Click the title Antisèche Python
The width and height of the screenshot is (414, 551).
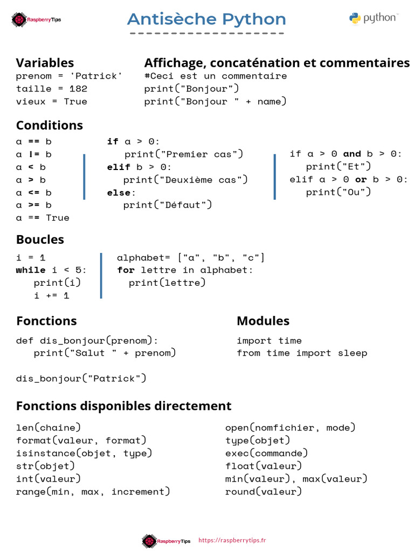(206, 20)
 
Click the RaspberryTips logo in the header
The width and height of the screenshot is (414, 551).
(36, 20)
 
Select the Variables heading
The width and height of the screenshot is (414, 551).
(45, 63)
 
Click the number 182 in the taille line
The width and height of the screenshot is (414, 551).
(78, 89)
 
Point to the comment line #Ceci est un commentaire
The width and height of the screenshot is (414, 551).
(216, 76)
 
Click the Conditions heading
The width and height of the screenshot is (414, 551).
(50, 125)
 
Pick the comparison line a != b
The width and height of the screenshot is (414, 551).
(34, 154)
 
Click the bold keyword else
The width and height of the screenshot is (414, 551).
(119, 193)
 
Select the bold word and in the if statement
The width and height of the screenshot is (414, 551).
(352, 154)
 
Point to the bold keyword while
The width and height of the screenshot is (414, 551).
(31, 270)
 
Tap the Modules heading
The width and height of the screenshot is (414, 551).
(263, 321)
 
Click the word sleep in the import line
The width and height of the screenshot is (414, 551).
(353, 353)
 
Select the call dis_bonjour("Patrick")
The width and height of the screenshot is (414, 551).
(81, 378)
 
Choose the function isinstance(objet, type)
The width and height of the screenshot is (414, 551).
(84, 453)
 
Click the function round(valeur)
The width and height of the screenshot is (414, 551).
(264, 492)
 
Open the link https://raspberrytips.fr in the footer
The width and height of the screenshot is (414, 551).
(232, 540)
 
